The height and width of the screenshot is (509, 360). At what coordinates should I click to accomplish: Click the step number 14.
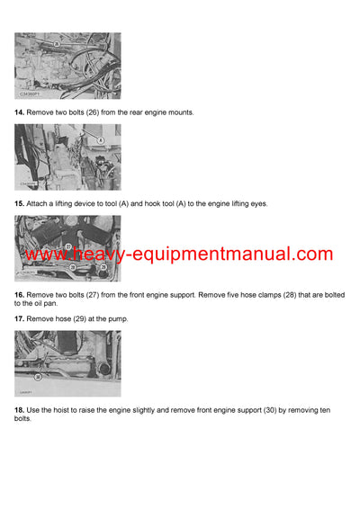click(x=19, y=112)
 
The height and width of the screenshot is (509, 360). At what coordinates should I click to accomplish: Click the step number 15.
click(x=19, y=204)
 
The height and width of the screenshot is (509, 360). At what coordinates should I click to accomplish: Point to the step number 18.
click(x=19, y=411)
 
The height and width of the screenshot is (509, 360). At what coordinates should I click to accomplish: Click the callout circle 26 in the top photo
click(x=56, y=42)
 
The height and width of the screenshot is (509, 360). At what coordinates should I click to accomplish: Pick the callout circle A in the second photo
click(x=101, y=141)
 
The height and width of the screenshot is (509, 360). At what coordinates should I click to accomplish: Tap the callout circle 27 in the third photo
click(x=68, y=246)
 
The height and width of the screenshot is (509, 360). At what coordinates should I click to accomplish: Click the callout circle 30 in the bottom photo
click(x=38, y=378)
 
